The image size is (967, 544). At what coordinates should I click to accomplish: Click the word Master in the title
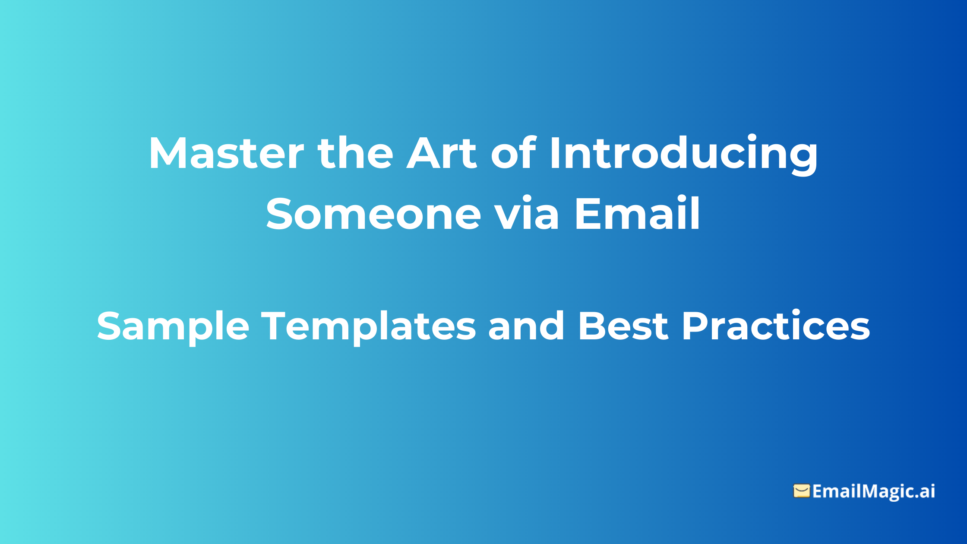(x=226, y=153)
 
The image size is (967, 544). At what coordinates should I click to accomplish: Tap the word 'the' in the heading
(x=355, y=153)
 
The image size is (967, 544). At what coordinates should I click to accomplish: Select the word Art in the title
(x=442, y=153)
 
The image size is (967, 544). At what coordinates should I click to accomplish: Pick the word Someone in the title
(x=373, y=214)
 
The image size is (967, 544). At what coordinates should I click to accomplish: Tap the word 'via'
(x=526, y=214)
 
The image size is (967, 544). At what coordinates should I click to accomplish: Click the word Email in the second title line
(x=637, y=214)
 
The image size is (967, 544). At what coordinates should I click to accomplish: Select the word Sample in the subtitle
(x=173, y=327)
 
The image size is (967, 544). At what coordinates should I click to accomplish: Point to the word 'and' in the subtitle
(x=526, y=326)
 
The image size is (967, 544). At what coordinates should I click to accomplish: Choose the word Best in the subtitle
(x=623, y=326)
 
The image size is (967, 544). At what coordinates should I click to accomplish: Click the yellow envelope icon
(x=801, y=491)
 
